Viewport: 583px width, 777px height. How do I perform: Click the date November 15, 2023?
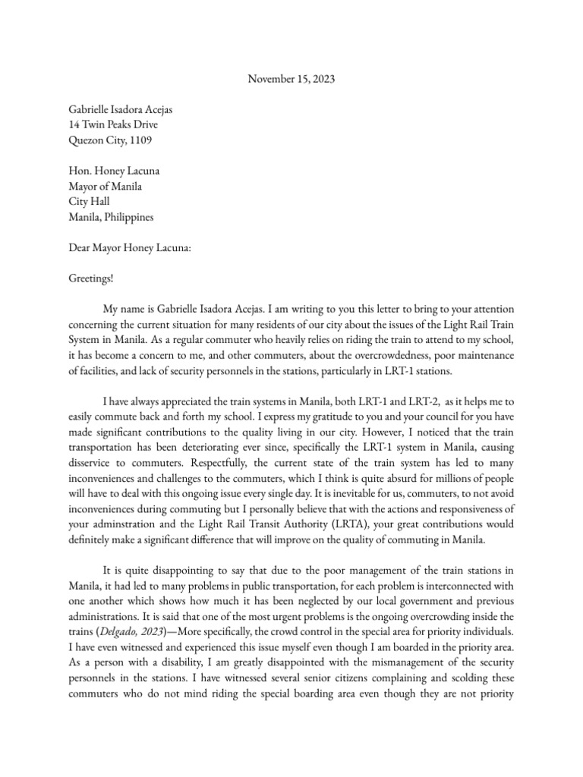click(x=291, y=78)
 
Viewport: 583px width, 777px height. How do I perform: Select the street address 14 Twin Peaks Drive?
click(x=113, y=124)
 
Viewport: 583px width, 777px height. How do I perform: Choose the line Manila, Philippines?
click(x=111, y=217)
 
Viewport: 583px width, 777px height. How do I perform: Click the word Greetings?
click(x=90, y=279)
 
